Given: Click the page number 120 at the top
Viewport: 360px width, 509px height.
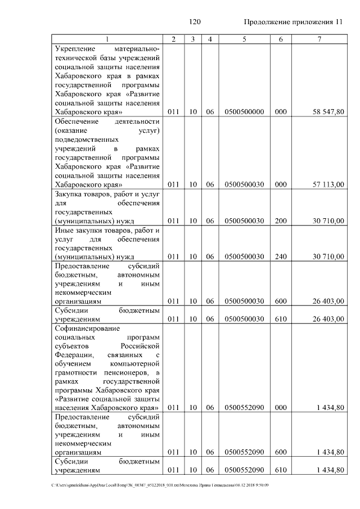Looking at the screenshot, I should click(x=195, y=22).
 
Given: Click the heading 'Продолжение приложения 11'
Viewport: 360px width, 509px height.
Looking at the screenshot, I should click(x=292, y=22).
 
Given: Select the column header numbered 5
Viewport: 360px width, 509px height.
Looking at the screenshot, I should click(x=244, y=39).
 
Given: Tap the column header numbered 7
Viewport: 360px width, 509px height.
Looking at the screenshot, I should click(x=319, y=39).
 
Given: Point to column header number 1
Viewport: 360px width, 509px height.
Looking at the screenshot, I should click(x=107, y=39).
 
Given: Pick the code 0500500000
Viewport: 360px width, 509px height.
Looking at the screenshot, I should click(x=244, y=112).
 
